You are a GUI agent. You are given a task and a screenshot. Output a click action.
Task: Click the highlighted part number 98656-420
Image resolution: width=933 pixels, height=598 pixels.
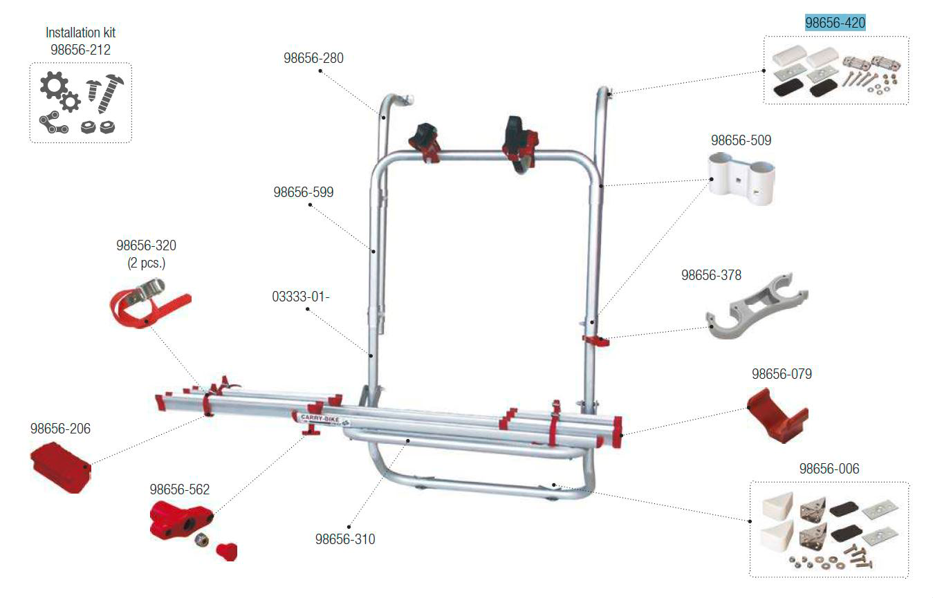coord(835,23)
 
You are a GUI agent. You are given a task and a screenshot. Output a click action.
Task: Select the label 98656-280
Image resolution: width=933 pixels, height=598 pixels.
coord(313,58)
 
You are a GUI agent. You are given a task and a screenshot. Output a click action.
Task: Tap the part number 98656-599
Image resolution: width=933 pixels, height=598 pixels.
coord(303,192)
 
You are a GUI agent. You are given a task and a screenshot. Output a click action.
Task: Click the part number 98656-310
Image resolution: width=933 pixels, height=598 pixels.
coord(345,539)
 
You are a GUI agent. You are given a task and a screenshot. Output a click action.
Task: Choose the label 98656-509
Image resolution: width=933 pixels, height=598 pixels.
coord(741,140)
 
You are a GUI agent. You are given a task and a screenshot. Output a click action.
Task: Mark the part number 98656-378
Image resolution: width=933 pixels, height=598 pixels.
coord(711,275)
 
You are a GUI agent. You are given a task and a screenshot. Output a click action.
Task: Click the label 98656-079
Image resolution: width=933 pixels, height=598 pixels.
coord(782,374)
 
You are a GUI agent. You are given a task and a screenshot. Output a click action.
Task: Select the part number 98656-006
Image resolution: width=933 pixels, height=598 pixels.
coord(829,469)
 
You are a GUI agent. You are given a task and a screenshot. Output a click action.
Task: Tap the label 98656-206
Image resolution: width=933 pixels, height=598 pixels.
coord(60,429)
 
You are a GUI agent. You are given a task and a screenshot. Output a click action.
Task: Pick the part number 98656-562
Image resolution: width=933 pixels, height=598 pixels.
coord(180,489)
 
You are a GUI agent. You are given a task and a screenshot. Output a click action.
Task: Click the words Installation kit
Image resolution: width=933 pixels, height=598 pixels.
coord(80,32)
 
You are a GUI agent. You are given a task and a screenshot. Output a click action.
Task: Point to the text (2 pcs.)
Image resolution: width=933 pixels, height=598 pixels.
coord(146,263)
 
